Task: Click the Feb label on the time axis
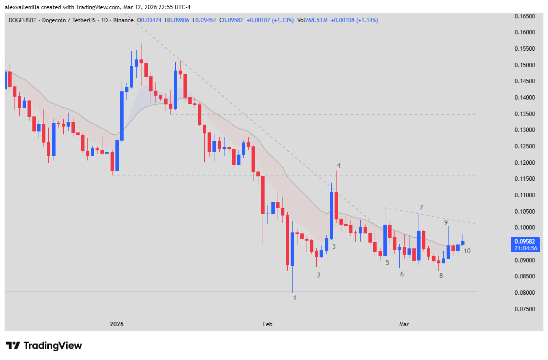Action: point(267,324)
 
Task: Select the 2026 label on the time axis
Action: point(116,324)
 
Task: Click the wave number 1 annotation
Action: point(295,298)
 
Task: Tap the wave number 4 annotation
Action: point(338,165)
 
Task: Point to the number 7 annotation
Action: point(421,207)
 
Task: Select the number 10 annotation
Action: point(467,251)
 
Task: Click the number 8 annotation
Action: point(441,275)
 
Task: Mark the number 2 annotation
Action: point(319,275)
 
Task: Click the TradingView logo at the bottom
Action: point(44,346)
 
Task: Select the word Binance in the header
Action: point(124,20)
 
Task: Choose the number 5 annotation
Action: point(387,262)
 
